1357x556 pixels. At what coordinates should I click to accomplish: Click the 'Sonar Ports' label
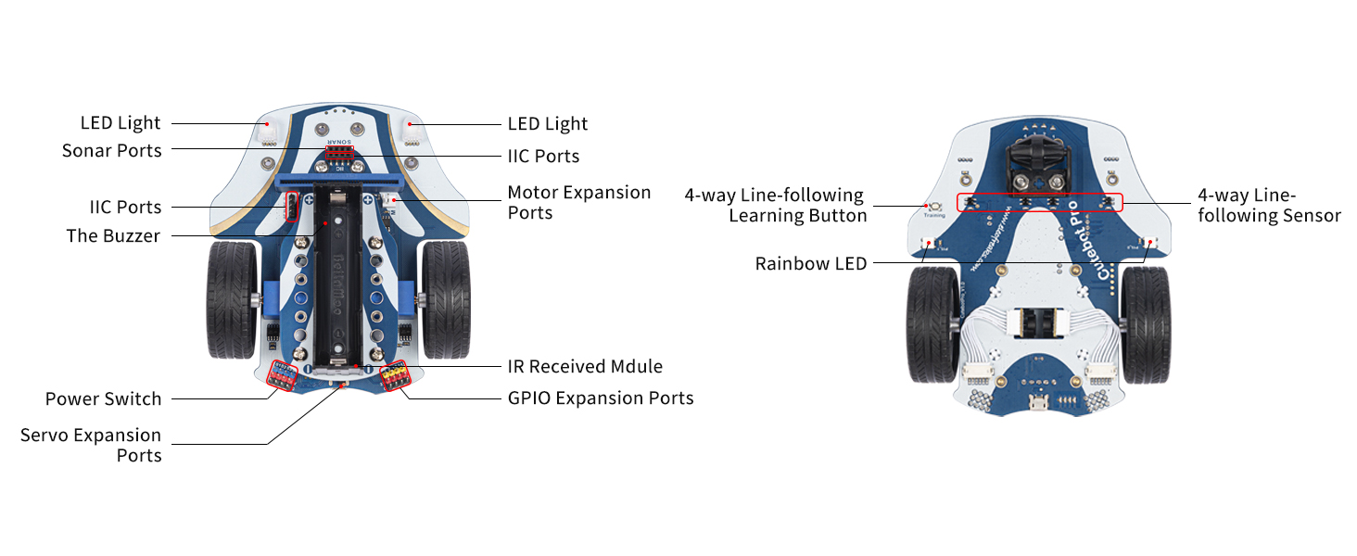click(x=112, y=150)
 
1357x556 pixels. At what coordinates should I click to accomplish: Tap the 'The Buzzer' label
click(x=113, y=235)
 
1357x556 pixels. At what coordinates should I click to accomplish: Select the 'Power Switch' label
click(x=104, y=398)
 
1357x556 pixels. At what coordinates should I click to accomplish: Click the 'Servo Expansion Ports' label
click(x=91, y=445)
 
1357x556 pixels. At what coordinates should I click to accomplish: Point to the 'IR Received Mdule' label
click(x=585, y=366)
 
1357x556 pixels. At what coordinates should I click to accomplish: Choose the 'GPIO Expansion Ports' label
click(x=601, y=398)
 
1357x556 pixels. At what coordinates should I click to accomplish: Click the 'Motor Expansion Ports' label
click(x=579, y=202)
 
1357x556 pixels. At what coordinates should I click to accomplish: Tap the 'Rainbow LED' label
click(x=811, y=263)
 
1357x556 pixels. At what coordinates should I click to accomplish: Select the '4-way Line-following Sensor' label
click(x=1269, y=205)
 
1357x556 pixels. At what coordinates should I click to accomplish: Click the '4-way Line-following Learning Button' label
click(x=775, y=205)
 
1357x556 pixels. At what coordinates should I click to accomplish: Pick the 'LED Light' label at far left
click(x=120, y=122)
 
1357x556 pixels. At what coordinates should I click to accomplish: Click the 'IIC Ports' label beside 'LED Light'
click(x=543, y=156)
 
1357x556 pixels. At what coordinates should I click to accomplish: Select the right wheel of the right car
click(x=1146, y=324)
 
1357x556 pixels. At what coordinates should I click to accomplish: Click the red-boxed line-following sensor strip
click(x=1038, y=201)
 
